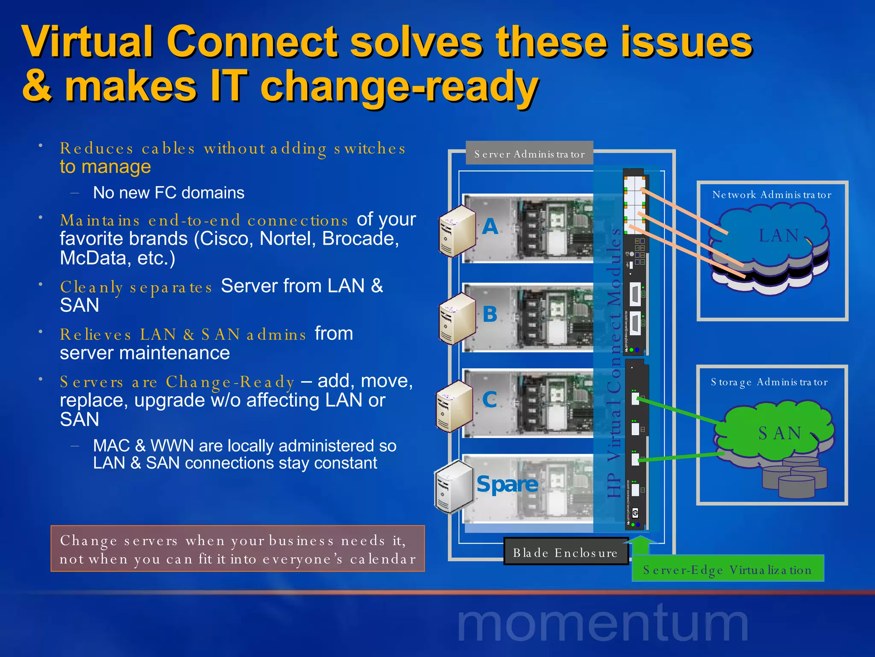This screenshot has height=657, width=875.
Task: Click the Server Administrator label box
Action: click(529, 154)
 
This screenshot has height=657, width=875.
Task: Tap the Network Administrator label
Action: click(772, 195)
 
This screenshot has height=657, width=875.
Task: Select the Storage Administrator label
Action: click(769, 382)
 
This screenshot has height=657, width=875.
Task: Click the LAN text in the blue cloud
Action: click(778, 236)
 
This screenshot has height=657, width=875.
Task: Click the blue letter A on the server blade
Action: click(490, 226)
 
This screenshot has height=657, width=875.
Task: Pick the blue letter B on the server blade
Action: click(490, 314)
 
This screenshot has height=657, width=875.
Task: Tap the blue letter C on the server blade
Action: click(490, 400)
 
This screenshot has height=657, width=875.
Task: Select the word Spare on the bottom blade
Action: click(507, 484)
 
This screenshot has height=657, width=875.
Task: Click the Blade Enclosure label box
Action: click(565, 553)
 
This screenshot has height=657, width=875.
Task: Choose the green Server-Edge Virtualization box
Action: click(727, 570)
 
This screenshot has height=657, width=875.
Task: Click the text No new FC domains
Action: click(169, 193)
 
